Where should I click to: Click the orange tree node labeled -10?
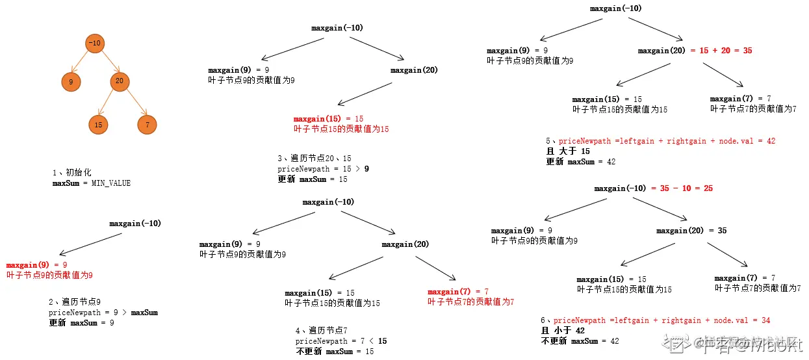[x=95, y=44]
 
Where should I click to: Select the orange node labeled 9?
[x=70, y=82]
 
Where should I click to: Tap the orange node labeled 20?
[x=119, y=81]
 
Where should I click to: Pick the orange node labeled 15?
[x=98, y=124]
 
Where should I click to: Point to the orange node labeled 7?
[x=148, y=124]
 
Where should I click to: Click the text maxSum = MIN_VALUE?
[x=92, y=183]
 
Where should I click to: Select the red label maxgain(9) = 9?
[x=37, y=265]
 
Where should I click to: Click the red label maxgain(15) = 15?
[x=328, y=119]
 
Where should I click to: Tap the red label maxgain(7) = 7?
[x=458, y=292]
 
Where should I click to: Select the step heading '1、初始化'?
[x=71, y=173]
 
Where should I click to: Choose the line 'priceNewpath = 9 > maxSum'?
[x=103, y=313]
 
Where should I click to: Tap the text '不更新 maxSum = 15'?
[x=335, y=352]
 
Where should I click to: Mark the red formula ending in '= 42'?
[x=667, y=141]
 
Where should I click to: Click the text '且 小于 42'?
[x=563, y=331]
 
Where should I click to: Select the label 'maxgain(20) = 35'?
[x=691, y=231]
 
